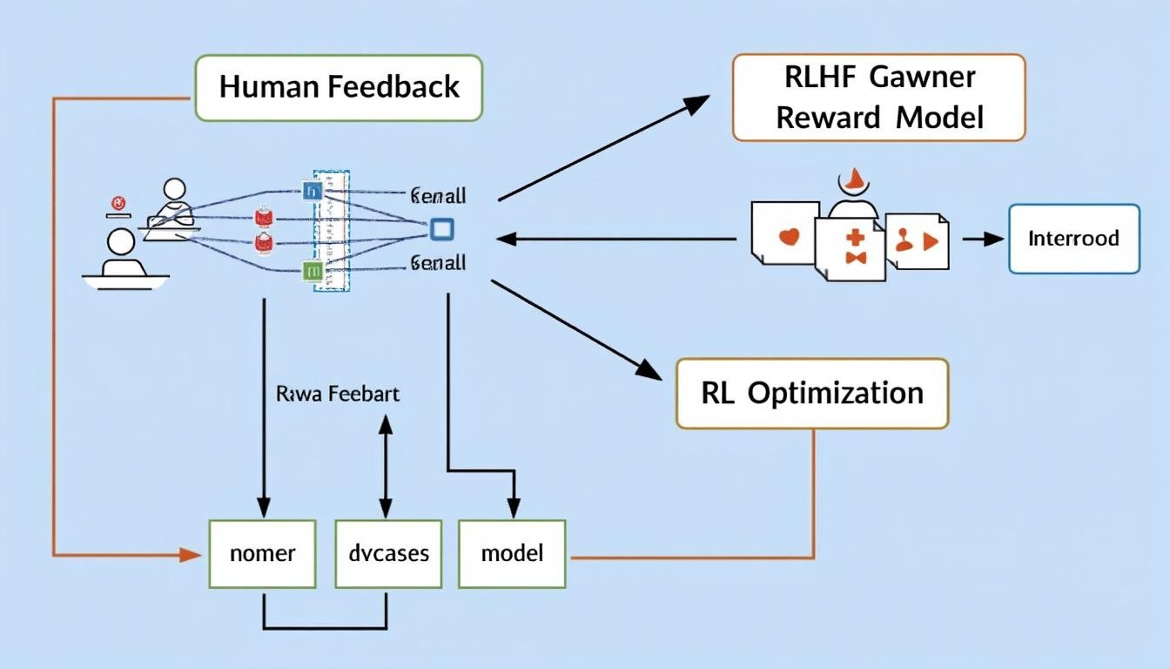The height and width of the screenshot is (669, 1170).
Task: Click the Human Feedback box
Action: [339, 87]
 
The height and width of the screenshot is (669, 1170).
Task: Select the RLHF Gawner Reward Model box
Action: [878, 98]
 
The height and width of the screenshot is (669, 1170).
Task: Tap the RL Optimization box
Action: [811, 393]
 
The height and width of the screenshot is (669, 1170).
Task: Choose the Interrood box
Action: [1073, 239]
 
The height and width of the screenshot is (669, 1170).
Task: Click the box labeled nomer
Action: [263, 553]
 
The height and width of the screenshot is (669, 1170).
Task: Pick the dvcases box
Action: [387, 553]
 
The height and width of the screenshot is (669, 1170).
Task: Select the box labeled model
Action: [512, 553]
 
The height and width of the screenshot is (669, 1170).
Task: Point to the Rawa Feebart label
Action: [338, 394]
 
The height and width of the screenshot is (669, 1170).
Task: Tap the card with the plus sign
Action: [851, 247]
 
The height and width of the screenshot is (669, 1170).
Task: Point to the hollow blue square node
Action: [442, 229]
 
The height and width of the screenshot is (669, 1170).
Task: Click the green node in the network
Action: [312, 272]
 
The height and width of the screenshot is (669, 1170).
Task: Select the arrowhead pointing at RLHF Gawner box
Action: [697, 104]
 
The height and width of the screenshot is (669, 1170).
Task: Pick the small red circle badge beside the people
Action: [116, 204]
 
